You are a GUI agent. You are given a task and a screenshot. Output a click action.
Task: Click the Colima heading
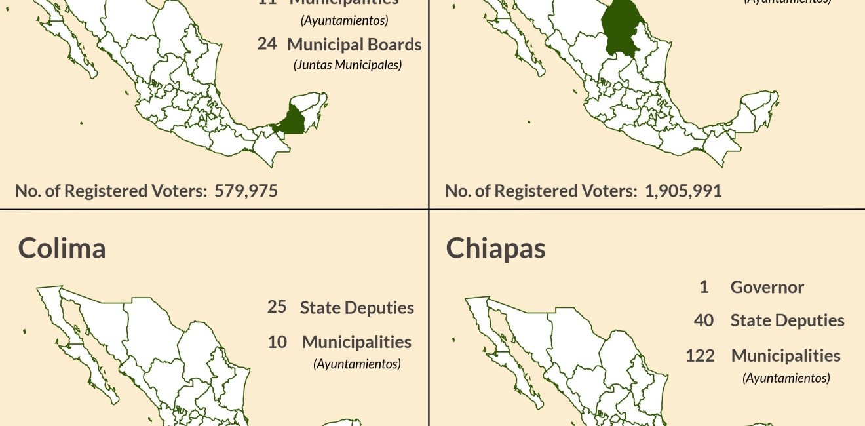click(62, 248)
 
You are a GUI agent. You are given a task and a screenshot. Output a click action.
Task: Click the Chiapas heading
click(495, 249)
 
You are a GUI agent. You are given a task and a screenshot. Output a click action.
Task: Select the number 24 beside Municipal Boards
click(267, 44)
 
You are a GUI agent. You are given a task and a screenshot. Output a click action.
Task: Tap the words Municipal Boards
click(354, 45)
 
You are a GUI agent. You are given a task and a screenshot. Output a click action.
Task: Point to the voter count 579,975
click(246, 191)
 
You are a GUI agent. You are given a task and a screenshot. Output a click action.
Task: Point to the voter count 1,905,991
click(683, 191)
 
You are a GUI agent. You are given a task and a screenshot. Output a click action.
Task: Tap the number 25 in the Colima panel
click(277, 307)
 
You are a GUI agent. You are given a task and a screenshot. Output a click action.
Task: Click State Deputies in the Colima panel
click(356, 307)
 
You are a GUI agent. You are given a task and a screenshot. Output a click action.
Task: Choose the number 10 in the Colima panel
click(277, 341)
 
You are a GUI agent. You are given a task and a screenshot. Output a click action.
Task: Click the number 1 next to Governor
click(704, 287)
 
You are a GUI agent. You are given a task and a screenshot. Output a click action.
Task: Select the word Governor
click(767, 287)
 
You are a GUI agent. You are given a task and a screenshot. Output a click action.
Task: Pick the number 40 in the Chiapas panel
click(704, 320)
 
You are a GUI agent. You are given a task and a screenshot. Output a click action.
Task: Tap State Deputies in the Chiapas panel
click(787, 320)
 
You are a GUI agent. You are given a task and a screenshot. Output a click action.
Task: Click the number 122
click(699, 355)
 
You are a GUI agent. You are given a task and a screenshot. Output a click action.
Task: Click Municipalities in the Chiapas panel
click(786, 355)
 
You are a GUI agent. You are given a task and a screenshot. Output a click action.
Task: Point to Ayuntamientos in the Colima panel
click(356, 363)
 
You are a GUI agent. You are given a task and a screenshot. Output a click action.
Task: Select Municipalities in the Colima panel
click(356, 341)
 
